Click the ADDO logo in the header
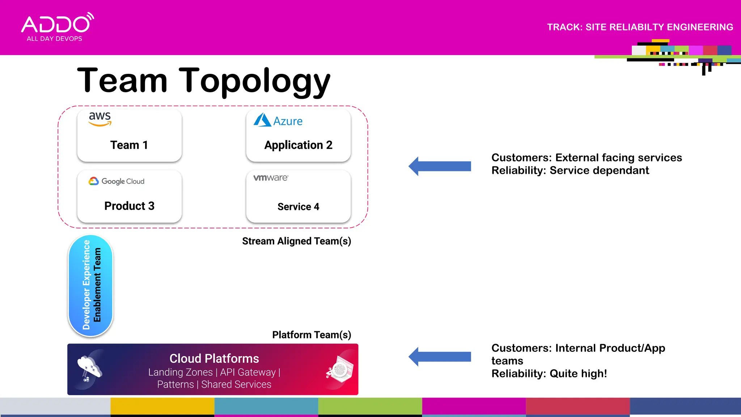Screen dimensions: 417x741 tap(57, 28)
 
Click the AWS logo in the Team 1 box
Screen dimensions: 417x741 tap(100, 118)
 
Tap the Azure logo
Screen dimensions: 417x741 tap(278, 120)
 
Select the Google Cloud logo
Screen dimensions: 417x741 tap(117, 181)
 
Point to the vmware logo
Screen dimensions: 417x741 tap(271, 178)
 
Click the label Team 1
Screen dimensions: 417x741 tap(129, 145)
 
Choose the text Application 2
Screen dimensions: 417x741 tap(298, 145)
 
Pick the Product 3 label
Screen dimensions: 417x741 tap(129, 206)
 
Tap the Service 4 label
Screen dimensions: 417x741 tap(298, 206)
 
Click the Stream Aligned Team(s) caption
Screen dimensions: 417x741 tap(296, 241)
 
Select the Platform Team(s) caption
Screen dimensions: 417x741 tap(311, 335)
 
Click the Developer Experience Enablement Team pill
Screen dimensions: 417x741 tap(91, 285)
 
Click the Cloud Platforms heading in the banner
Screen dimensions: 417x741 tap(214, 358)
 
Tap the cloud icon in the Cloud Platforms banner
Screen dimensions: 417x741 tap(89, 368)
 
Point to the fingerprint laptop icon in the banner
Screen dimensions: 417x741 tap(340, 369)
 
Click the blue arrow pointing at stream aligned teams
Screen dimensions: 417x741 tap(440, 166)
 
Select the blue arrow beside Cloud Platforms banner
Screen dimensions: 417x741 tap(440, 357)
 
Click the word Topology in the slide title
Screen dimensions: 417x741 tap(254, 81)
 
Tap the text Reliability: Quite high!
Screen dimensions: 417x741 tap(549, 374)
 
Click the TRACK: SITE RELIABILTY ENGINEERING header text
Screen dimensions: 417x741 tap(640, 27)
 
